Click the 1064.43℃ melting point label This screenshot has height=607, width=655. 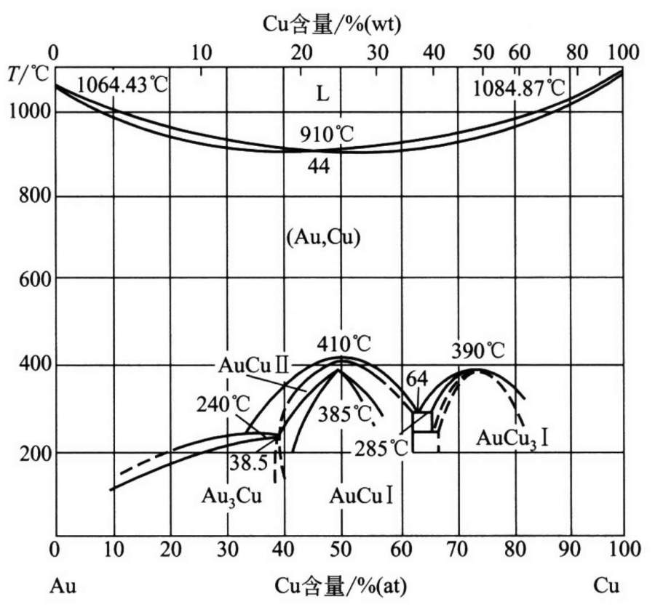coord(122,86)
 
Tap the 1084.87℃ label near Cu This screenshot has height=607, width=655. coord(519,89)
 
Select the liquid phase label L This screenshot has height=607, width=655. coord(323,93)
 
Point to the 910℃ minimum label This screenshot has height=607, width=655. coord(325,135)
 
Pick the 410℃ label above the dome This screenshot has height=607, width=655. coord(343,343)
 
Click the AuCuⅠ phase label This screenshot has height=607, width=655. coord(362,497)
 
